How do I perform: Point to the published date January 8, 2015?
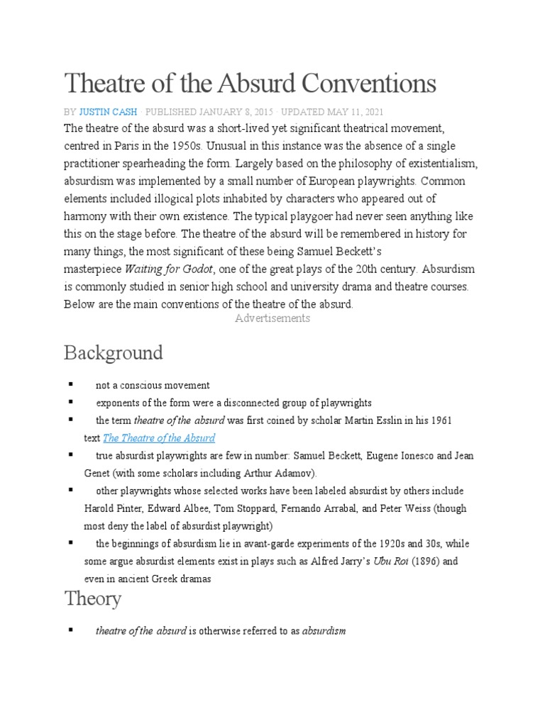click(231, 111)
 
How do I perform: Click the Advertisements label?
click(272, 318)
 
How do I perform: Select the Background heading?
click(114, 352)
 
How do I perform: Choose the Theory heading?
click(93, 598)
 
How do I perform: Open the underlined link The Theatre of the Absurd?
click(159, 437)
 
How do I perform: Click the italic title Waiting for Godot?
click(170, 269)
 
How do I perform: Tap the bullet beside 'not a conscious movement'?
click(71, 384)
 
